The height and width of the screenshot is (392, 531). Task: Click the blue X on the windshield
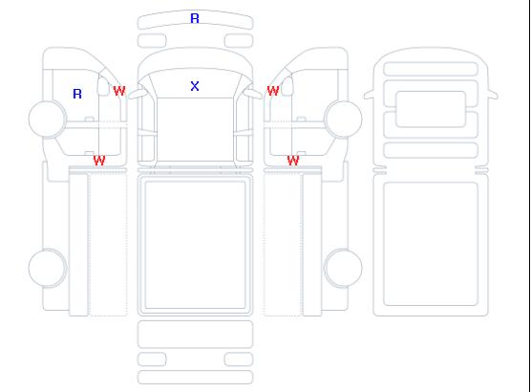(x=195, y=86)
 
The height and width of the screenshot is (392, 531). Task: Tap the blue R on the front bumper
(x=195, y=18)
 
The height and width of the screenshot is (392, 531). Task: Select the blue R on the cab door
(x=77, y=94)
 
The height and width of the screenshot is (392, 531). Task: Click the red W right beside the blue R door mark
(x=119, y=91)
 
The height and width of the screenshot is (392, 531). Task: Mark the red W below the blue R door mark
(x=99, y=161)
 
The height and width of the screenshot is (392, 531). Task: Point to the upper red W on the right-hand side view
(x=273, y=91)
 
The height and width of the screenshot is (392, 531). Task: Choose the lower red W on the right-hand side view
(x=293, y=161)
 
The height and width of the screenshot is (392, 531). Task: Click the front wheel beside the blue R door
(x=48, y=120)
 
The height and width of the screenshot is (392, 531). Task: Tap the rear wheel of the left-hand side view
(x=48, y=268)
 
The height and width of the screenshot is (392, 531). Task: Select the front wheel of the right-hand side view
(x=343, y=120)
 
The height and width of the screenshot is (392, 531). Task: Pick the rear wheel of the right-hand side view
(x=343, y=268)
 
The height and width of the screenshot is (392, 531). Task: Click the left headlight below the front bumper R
(x=152, y=41)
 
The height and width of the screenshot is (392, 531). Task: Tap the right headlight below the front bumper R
(x=239, y=41)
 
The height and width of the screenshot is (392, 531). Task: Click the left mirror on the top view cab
(x=138, y=94)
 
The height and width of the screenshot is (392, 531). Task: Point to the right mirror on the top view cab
(x=253, y=94)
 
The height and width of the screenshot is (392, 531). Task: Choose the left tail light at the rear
(x=152, y=359)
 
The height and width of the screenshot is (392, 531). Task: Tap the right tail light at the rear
(x=239, y=359)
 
